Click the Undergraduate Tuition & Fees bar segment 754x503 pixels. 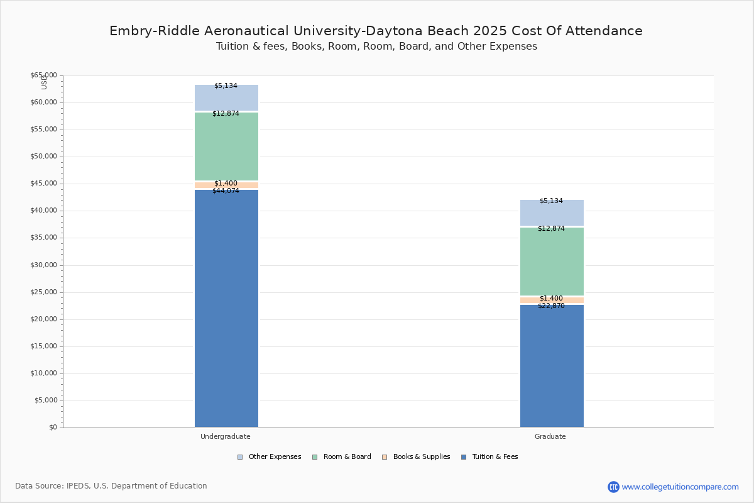coord(226,308)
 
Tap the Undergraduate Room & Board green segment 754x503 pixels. coord(226,146)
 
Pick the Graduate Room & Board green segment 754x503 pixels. coord(552,262)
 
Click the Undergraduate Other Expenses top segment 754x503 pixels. coord(226,98)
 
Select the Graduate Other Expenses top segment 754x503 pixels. coord(552,213)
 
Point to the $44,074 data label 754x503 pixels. coord(226,191)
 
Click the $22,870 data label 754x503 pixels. coord(551,306)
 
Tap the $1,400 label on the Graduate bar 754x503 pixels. coord(551,299)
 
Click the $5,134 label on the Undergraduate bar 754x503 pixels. coord(226,86)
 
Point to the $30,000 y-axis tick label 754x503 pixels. coord(43,265)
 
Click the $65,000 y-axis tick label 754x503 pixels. coord(43,75)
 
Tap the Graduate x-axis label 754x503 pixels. coord(550,436)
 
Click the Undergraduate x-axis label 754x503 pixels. coord(225,436)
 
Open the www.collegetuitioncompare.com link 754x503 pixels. coord(680,487)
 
